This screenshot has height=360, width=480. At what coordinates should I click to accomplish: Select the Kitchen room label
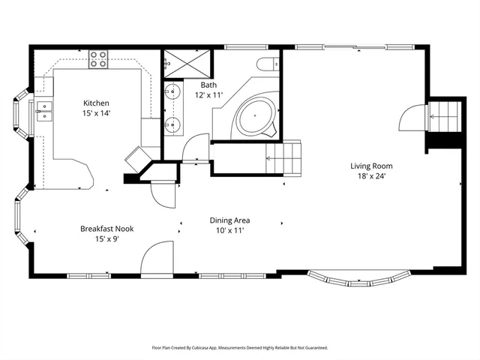click(97, 103)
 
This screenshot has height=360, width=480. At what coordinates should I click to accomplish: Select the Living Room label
click(371, 166)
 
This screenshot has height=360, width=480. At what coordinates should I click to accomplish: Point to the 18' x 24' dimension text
click(371, 177)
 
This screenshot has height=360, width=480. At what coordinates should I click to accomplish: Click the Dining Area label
click(229, 220)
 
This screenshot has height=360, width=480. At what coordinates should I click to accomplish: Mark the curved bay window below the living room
click(358, 280)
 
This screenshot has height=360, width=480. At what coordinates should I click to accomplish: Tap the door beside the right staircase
click(413, 119)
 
